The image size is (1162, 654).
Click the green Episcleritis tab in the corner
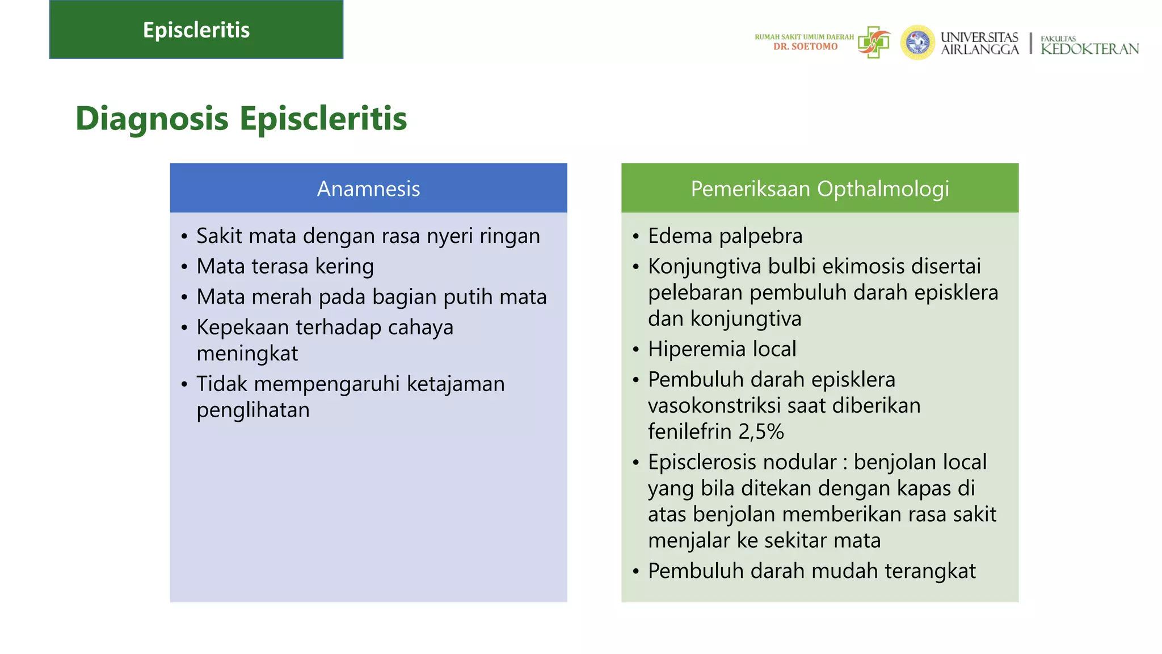pos(196,30)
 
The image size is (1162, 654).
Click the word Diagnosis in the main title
pos(152,119)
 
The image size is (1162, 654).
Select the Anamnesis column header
pos(368,188)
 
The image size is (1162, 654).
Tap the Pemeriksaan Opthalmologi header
pos(820,188)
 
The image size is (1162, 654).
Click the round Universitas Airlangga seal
pos(917,43)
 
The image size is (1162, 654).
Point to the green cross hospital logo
pos(874,42)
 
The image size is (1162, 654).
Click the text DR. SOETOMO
pos(805,47)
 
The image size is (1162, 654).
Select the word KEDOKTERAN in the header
pos(1089,49)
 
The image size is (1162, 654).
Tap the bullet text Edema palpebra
pos(725,236)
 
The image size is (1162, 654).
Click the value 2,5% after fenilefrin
pos(761,432)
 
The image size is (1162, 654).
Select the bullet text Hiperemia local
pos(722,349)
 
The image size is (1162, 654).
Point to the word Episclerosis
pos(702,462)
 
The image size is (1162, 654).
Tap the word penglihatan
pos(253,410)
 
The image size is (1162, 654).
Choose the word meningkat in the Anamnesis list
pos(247,354)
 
